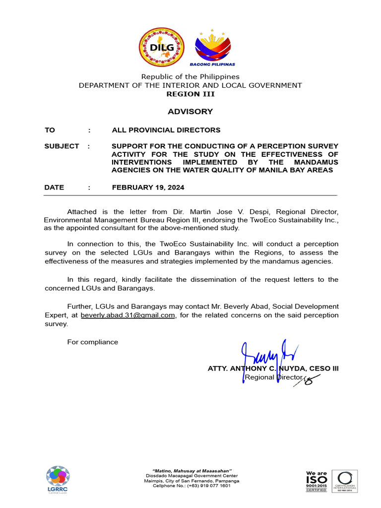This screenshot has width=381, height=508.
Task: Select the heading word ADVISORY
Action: point(190,112)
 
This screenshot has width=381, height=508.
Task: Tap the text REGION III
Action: point(190,94)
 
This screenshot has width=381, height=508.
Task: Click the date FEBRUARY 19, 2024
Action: point(148,188)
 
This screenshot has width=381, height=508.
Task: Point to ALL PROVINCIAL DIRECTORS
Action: point(166,130)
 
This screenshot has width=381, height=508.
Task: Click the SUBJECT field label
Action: point(62,146)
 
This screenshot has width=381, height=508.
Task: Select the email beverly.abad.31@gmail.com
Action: point(128,316)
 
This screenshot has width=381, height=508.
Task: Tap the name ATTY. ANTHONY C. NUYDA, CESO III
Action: point(273,369)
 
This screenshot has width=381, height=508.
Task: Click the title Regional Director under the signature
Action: point(273,378)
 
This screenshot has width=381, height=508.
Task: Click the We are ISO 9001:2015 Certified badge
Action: point(316,481)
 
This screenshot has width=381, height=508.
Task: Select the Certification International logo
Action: point(344,481)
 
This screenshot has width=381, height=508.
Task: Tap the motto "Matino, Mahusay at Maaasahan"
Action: point(191,470)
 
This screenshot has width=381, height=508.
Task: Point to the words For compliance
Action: point(93,342)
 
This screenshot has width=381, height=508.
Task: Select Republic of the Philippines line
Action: point(190,76)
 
